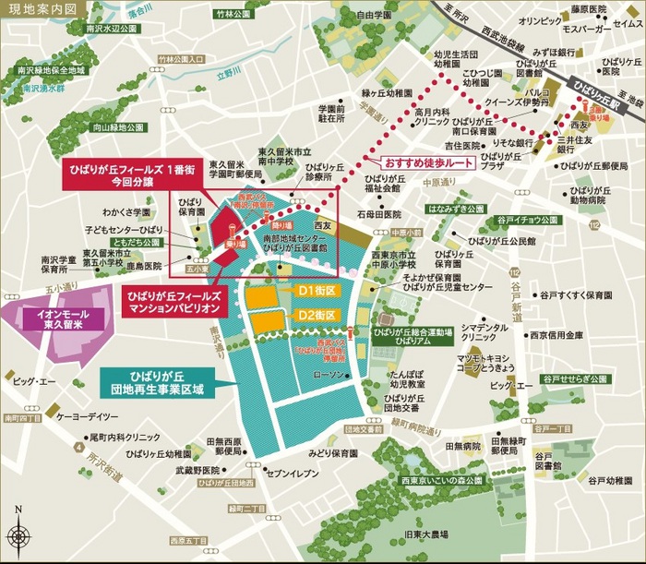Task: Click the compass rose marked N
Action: (x=18, y=534)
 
